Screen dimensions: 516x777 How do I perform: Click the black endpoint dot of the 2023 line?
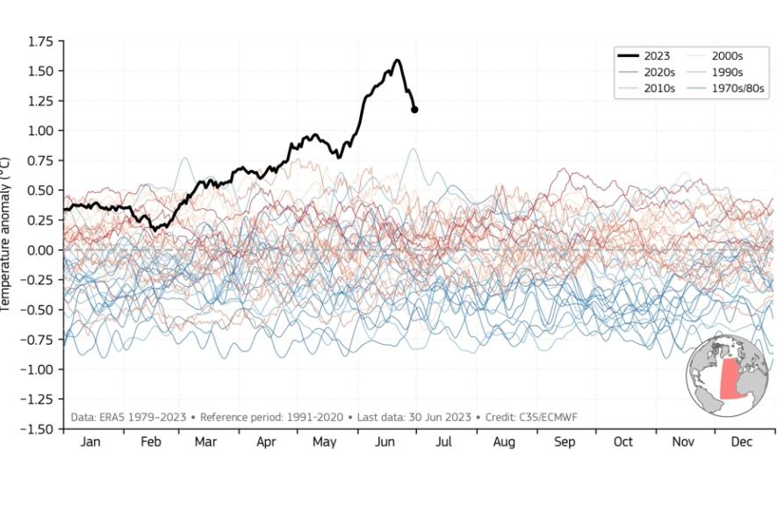(414, 110)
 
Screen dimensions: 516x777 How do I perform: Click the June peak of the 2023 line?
(398, 61)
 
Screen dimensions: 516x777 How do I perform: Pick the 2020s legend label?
(658, 72)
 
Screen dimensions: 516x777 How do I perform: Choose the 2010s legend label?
(658, 88)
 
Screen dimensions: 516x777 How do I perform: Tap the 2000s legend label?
(728, 56)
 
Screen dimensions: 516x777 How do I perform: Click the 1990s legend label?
(728, 72)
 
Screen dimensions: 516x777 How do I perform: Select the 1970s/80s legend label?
(737, 88)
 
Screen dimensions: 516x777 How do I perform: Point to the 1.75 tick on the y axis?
(40, 41)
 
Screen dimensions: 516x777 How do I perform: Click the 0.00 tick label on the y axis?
(40, 250)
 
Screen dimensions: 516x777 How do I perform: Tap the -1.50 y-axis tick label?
(38, 429)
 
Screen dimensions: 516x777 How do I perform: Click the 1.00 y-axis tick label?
(40, 131)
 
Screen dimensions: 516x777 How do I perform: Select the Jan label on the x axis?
(90, 442)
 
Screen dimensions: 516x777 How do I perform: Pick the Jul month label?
(444, 442)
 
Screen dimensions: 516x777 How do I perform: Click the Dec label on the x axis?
(742, 442)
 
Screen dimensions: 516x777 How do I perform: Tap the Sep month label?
(565, 442)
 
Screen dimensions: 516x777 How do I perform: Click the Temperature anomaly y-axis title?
(6, 233)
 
